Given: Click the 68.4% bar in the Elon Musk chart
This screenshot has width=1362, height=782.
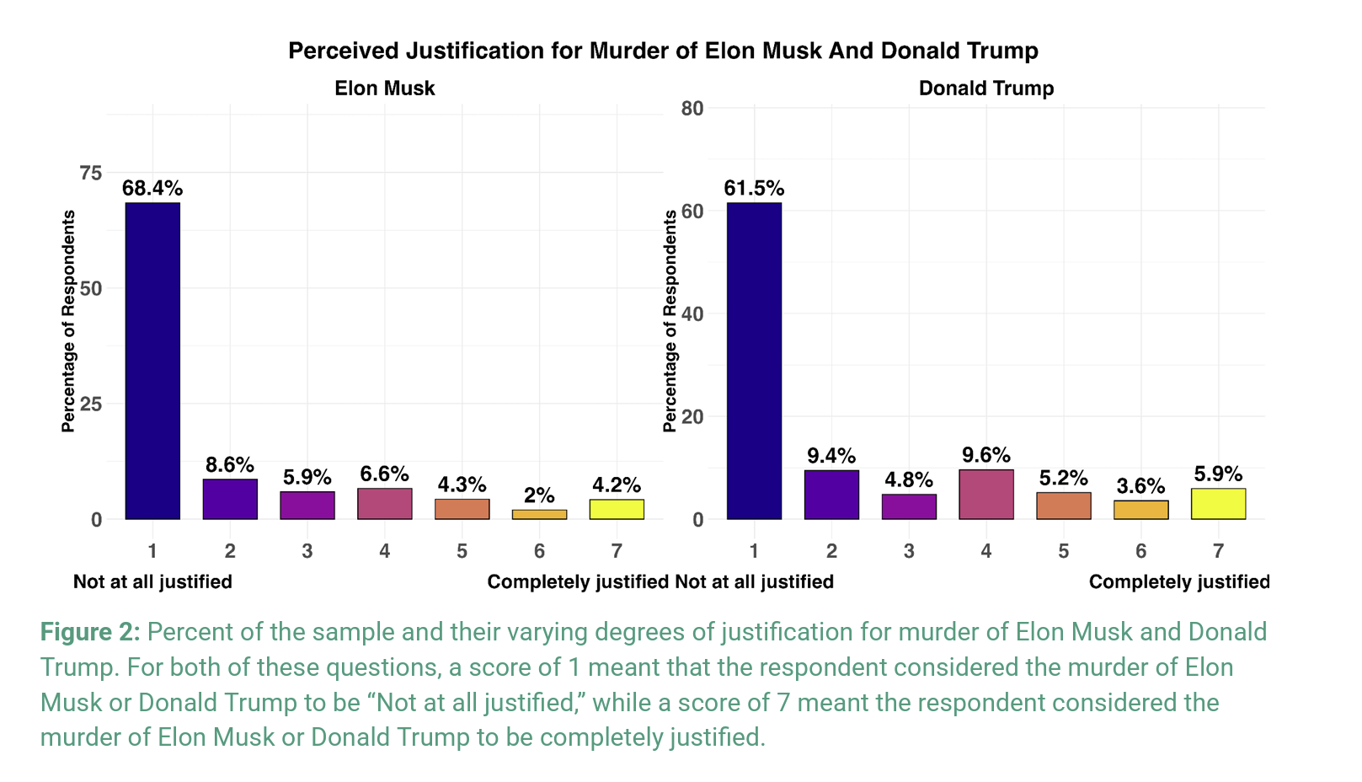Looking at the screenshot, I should coord(152,361).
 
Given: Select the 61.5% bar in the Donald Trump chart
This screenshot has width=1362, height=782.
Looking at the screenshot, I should coord(754,361).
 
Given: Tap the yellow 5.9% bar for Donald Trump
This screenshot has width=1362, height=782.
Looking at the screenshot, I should coord(1218,504).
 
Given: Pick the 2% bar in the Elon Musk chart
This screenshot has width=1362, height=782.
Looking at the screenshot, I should coord(539,514).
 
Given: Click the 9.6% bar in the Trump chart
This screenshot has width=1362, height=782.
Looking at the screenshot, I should coord(986,495).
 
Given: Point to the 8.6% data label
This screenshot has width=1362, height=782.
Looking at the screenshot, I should coord(230,464).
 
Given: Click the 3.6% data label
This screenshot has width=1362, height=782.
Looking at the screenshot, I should coord(1140,486).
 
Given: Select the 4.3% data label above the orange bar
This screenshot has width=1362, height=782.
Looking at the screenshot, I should coord(462,485).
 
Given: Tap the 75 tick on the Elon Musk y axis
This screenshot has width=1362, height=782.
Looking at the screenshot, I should coord(90,173).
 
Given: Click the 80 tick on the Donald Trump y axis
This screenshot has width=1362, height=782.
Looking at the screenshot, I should coord(692,109).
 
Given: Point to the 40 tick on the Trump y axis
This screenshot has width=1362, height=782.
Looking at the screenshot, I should coord(692,314).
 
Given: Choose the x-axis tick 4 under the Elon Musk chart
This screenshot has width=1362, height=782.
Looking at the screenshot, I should coord(385,551).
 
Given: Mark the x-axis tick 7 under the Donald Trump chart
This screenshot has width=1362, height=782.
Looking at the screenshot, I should coord(1218,551).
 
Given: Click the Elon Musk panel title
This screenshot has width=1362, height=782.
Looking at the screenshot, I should coord(385,88).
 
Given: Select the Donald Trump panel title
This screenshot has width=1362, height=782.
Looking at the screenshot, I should coord(986,88).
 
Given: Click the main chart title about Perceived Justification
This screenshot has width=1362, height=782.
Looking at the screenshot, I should coord(663,51).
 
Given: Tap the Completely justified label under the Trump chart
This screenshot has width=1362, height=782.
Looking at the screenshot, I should coord(1179,582).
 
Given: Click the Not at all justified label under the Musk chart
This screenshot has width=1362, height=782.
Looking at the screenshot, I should coord(152,582).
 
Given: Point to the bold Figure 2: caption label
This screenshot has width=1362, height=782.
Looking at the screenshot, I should coord(90,632).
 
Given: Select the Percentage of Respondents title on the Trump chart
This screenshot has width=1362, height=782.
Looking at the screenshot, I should coord(670,321).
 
